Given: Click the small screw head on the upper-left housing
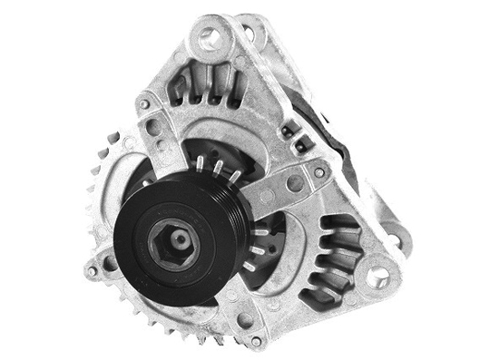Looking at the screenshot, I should point(144,105).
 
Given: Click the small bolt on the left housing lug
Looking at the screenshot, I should point(111,265).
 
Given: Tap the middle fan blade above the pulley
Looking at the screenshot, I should point(216,166).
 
